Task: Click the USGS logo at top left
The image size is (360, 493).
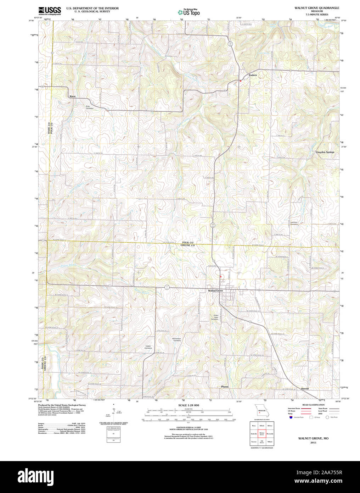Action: click(x=50, y=10)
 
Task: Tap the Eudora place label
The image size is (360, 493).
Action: click(x=253, y=75)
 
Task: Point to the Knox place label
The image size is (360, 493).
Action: click(x=73, y=96)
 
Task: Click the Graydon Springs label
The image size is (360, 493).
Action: click(x=325, y=152)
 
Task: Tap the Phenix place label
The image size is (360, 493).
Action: click(x=225, y=387)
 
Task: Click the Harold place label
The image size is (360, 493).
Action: click(x=305, y=389)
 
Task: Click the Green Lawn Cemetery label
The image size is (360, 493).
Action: click(x=215, y=317)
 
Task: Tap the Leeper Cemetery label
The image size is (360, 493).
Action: click(x=148, y=347)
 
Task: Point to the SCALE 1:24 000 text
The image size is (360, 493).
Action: click(x=189, y=405)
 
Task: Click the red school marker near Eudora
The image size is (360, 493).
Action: click(x=241, y=81)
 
